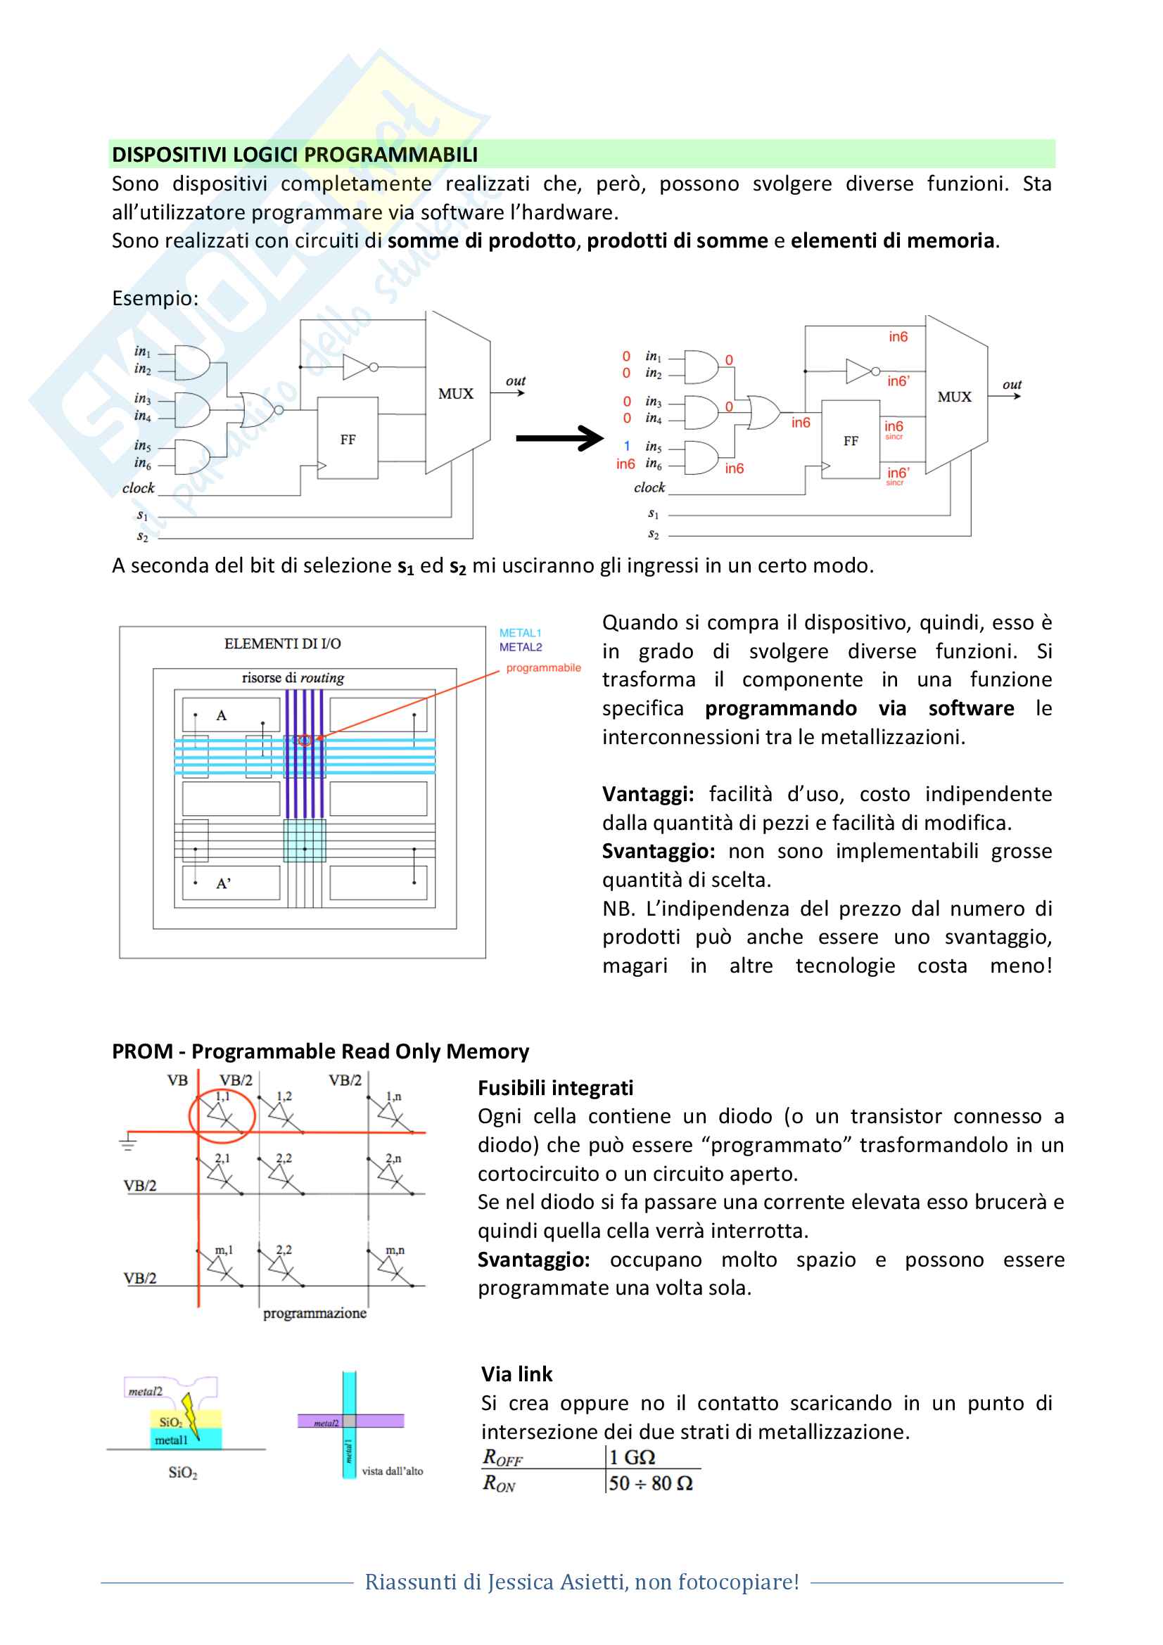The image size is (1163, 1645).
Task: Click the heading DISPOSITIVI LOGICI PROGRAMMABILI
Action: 295,155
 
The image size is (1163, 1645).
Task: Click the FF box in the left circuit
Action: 348,437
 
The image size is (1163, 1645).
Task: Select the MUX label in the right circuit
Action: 955,397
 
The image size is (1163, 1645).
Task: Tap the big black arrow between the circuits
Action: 559,437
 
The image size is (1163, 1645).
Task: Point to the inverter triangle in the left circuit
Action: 356,367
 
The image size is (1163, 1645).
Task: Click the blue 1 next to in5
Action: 627,446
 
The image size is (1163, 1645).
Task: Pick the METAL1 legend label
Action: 520,633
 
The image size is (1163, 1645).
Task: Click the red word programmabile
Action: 543,667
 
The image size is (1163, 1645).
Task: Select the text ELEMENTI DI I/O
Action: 282,644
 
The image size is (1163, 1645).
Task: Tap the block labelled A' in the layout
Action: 231,883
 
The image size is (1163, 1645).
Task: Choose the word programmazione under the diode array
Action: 314,1313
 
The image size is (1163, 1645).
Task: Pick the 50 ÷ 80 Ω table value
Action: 651,1483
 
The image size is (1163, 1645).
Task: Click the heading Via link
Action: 516,1374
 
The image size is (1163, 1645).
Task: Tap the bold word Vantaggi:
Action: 648,794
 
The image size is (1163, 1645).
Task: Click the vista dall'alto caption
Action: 392,1471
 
